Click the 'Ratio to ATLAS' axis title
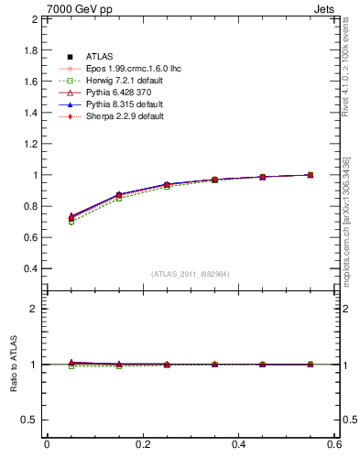click(x=14, y=365)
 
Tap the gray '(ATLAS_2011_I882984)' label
click(x=191, y=274)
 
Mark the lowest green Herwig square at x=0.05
click(x=47, y=223)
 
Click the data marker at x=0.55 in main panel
click(x=311, y=175)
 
